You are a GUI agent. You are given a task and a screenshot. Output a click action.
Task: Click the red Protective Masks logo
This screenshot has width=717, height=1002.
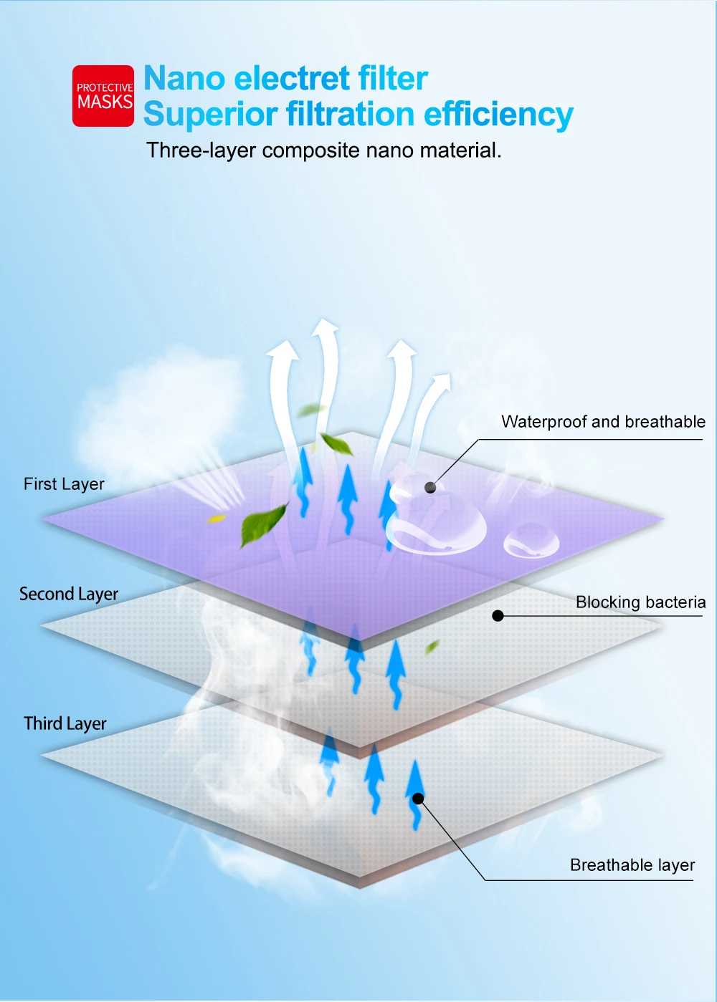click(x=103, y=96)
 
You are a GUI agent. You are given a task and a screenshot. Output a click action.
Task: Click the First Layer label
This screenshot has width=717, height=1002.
click(x=64, y=484)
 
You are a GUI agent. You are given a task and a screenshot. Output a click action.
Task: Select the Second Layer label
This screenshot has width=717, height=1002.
click(x=69, y=594)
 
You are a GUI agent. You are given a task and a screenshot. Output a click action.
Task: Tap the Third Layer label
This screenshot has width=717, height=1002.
click(x=65, y=724)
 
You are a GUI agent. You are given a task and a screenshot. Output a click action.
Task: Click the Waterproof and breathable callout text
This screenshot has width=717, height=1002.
click(x=603, y=422)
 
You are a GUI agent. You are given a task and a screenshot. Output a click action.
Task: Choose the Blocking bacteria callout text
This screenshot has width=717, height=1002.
click(x=640, y=602)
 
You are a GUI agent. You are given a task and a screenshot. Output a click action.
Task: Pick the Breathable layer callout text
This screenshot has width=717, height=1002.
click(x=632, y=865)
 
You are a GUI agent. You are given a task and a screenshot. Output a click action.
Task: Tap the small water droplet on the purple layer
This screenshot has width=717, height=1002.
click(x=531, y=541)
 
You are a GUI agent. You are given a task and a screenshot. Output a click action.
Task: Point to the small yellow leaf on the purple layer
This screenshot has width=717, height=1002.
click(x=216, y=519)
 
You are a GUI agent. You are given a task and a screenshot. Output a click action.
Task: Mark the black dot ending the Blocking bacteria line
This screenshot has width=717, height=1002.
click(x=498, y=615)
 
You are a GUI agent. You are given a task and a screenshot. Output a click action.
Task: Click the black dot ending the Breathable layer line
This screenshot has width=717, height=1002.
click(x=418, y=799)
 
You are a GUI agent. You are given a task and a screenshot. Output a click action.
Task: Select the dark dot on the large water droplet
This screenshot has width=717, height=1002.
click(x=430, y=488)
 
